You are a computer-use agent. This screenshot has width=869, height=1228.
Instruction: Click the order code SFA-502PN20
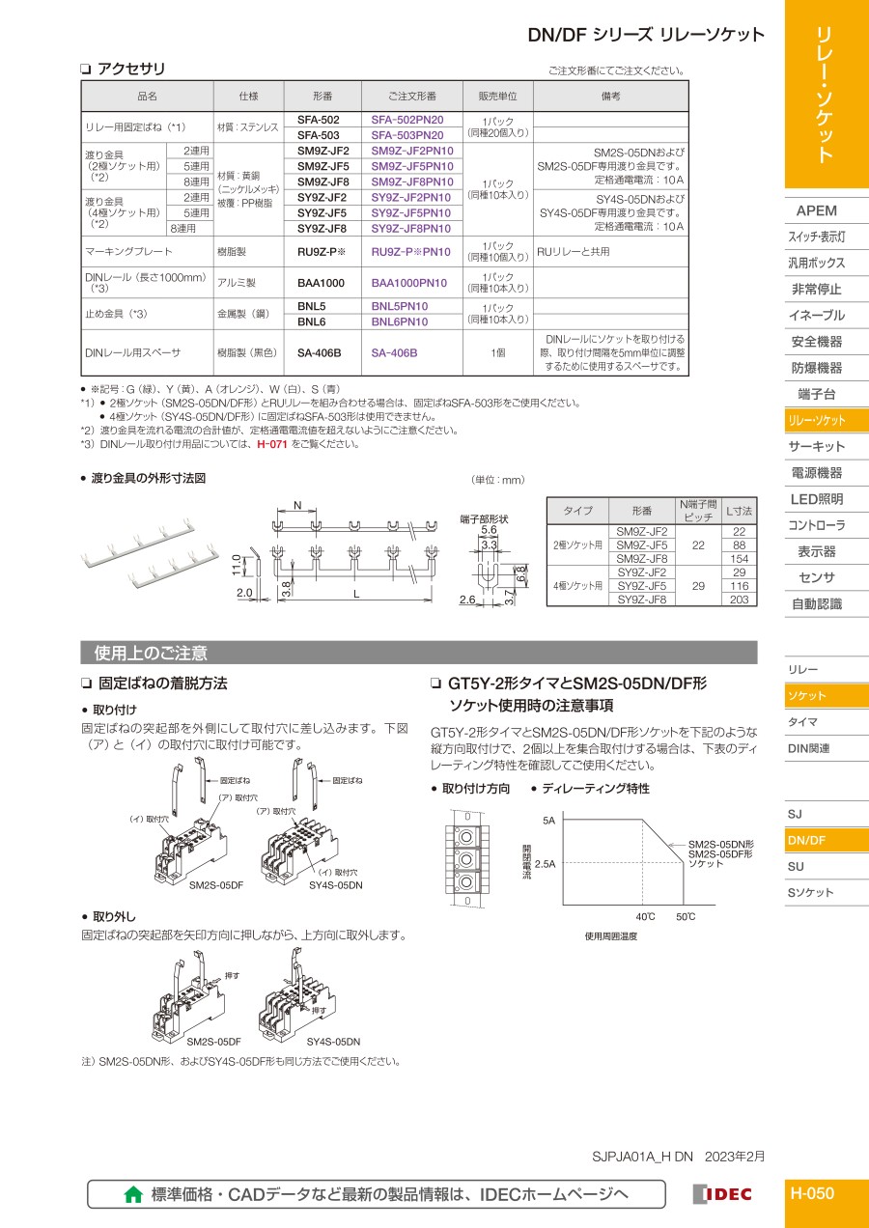pos(407,119)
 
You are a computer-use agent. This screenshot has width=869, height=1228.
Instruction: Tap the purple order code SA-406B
pos(394,353)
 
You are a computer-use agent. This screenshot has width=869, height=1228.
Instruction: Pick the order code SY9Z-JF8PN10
pos(412,229)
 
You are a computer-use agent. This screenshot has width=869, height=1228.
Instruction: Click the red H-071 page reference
pos(272,444)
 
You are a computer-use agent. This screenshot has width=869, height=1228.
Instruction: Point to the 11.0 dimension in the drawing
pos(238,564)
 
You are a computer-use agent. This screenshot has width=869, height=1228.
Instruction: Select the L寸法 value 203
pos(740,600)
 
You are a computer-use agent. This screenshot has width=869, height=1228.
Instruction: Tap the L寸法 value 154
pos(740,559)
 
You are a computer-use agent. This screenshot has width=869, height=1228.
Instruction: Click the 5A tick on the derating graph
pos(548,821)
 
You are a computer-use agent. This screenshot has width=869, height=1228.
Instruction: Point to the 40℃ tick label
pos(645,916)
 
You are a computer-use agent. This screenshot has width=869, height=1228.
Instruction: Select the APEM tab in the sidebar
pos(816,210)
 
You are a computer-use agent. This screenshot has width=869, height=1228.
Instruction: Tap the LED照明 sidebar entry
pos(816,499)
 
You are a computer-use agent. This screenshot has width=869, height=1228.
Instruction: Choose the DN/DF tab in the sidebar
pos(807,840)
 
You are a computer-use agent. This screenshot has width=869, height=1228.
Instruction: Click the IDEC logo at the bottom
pos(722,1194)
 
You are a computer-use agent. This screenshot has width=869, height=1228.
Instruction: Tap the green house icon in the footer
pos(134,1194)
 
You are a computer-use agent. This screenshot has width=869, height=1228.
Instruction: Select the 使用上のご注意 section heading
pos(151,653)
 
